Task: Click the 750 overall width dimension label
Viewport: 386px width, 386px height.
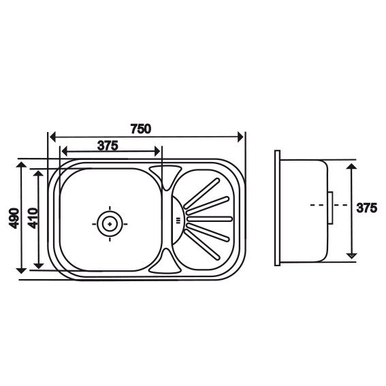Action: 140,129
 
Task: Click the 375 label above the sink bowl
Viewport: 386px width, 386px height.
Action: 108,146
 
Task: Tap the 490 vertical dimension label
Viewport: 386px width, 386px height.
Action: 14,218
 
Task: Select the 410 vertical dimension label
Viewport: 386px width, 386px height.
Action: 33,218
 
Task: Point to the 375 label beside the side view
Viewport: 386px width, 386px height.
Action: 366,208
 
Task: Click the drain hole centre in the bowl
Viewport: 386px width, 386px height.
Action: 110,224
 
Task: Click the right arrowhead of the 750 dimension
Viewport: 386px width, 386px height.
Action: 240,137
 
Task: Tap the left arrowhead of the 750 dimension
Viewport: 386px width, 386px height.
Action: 52,137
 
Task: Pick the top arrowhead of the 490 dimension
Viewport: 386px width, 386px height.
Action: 21,165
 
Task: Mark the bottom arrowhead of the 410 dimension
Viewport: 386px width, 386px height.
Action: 38,266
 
